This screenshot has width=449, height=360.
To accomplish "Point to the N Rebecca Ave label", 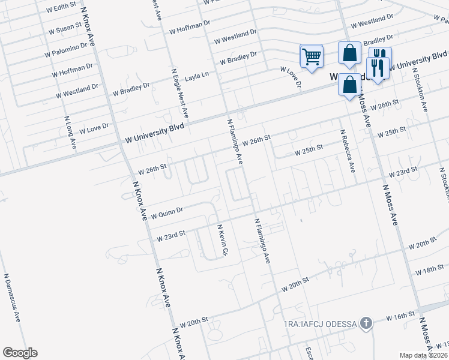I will (x=348, y=151).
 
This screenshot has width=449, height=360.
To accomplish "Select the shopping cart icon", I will (x=312, y=57).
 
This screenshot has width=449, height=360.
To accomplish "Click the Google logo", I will (x=19, y=353).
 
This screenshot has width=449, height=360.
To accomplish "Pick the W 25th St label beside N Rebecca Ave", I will (x=309, y=149).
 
